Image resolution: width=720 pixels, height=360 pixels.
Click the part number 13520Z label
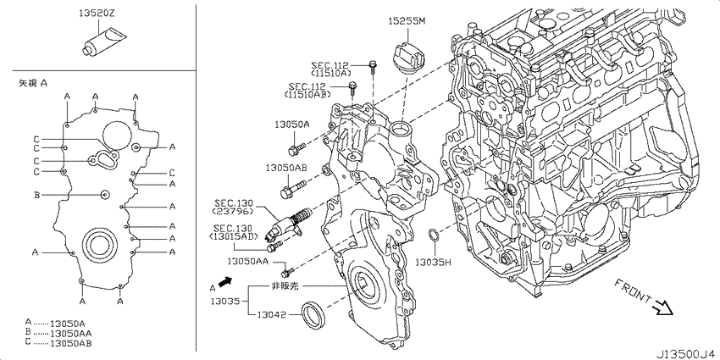click(x=96, y=14)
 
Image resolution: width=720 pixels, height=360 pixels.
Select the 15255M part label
click(x=407, y=20)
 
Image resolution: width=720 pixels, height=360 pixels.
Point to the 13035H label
click(x=434, y=263)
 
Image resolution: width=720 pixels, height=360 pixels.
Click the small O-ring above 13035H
click(x=434, y=235)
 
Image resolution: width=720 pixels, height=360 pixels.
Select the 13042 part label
click(x=271, y=315)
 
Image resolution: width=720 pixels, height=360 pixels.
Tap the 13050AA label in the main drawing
click(x=248, y=261)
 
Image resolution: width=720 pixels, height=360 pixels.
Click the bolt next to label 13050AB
click(x=292, y=189)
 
